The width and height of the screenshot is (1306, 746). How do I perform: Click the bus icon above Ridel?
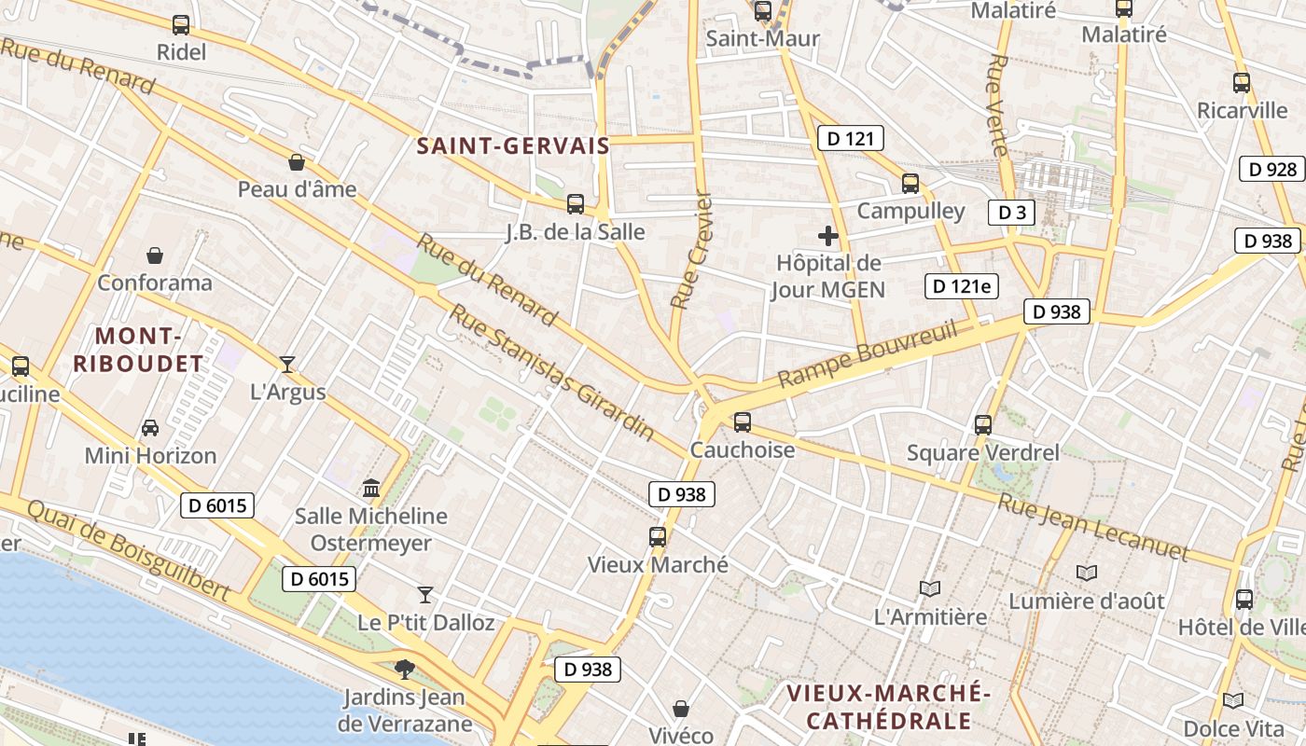[x=181, y=25]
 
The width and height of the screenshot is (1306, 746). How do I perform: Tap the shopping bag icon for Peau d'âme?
[x=297, y=162]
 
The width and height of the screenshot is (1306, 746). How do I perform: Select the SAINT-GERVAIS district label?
[x=513, y=145]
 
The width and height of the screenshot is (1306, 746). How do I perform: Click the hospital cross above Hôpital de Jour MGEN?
[x=827, y=236]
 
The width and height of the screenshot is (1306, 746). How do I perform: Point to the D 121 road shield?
[x=850, y=139]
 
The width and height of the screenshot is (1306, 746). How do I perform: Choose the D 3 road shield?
[x=1011, y=213]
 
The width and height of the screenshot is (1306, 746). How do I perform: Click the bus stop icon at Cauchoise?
[x=742, y=422]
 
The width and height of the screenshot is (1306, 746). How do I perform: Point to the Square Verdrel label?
[x=983, y=453]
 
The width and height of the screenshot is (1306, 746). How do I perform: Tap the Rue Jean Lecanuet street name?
[x=1093, y=528]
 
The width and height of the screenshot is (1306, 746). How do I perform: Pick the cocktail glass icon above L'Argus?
[x=287, y=365]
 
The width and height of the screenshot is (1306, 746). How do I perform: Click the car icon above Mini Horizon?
[x=149, y=428]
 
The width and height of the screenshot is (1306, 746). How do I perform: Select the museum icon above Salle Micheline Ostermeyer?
[x=371, y=488]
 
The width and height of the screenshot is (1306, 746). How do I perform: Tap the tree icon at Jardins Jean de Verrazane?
[x=404, y=668]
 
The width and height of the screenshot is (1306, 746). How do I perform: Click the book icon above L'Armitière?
[x=929, y=588]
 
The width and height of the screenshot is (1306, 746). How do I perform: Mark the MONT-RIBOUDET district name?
[x=138, y=350]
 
